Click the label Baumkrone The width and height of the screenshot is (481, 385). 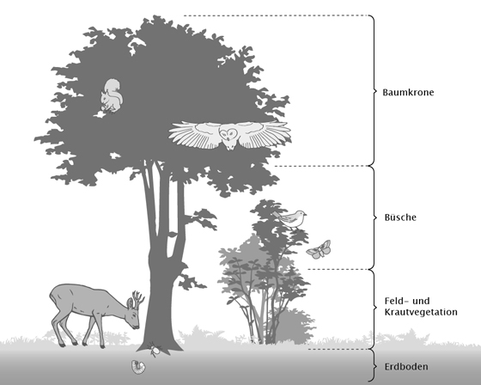408,93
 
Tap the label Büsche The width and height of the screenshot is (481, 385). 400,217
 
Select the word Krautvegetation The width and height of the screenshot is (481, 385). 421,312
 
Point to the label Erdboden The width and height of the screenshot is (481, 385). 406,367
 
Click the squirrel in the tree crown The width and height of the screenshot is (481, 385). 112,95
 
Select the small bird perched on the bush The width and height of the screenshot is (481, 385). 291,219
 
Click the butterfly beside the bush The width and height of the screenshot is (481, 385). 319,249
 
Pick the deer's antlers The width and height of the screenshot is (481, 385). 138,297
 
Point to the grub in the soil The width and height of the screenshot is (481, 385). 138,367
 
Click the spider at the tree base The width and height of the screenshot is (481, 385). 155,350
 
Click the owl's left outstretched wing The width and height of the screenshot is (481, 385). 193,135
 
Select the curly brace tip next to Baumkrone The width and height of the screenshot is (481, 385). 376,91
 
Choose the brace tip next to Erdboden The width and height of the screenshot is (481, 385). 376,366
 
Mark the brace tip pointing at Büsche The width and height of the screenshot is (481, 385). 376,217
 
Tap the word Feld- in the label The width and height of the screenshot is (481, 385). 396,301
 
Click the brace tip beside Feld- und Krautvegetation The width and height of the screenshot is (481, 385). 376,307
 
